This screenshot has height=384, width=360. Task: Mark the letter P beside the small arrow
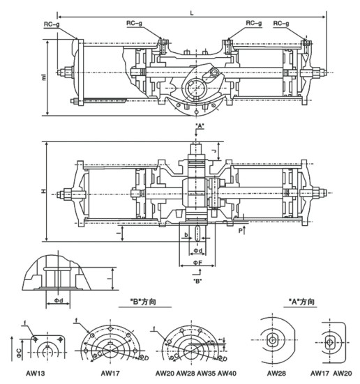(x=238, y=227)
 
